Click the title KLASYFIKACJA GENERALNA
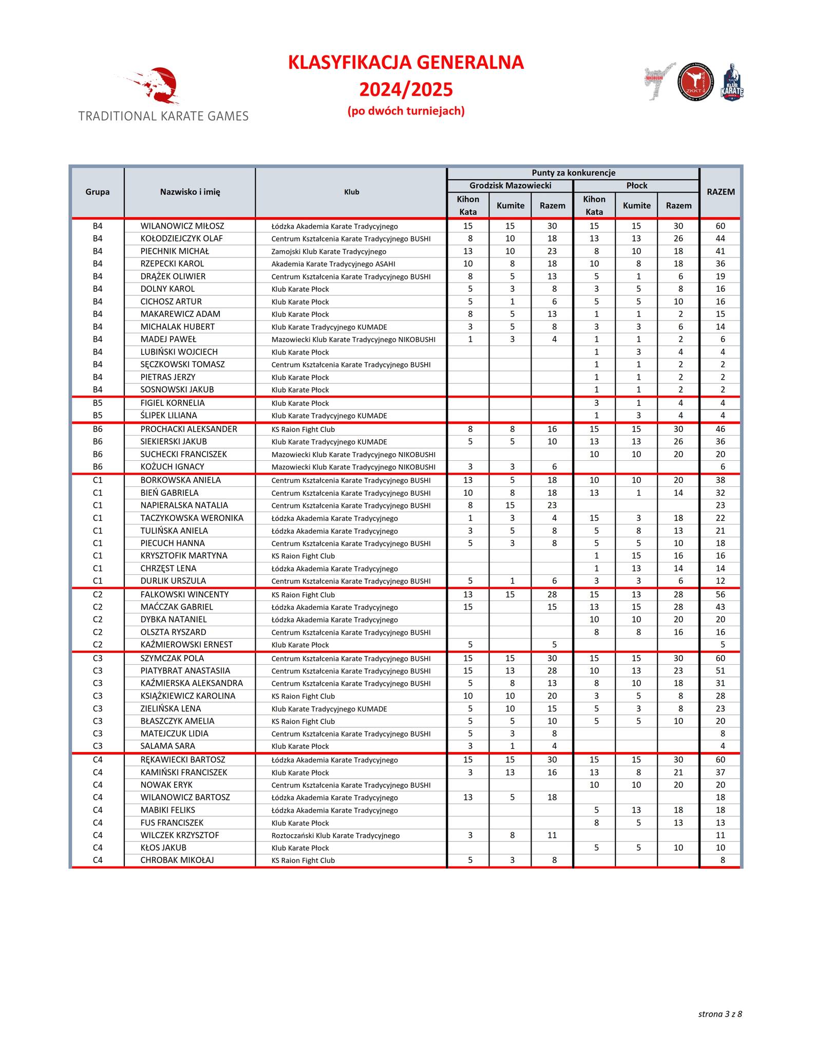406,63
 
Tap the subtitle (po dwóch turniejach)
406,111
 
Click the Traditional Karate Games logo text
163,116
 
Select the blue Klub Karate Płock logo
732,83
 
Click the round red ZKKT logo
695,82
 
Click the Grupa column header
98,192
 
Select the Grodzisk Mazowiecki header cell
510,185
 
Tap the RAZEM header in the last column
721,192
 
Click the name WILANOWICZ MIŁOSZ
182,226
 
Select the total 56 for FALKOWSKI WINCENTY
721,594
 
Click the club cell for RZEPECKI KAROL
333,264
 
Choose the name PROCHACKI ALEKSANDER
189,429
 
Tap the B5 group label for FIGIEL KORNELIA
98,403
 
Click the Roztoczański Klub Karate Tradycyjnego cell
335,836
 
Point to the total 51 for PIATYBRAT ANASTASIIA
721,671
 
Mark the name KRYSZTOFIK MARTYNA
184,556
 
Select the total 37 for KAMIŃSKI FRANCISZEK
721,773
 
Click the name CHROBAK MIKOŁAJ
177,860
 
